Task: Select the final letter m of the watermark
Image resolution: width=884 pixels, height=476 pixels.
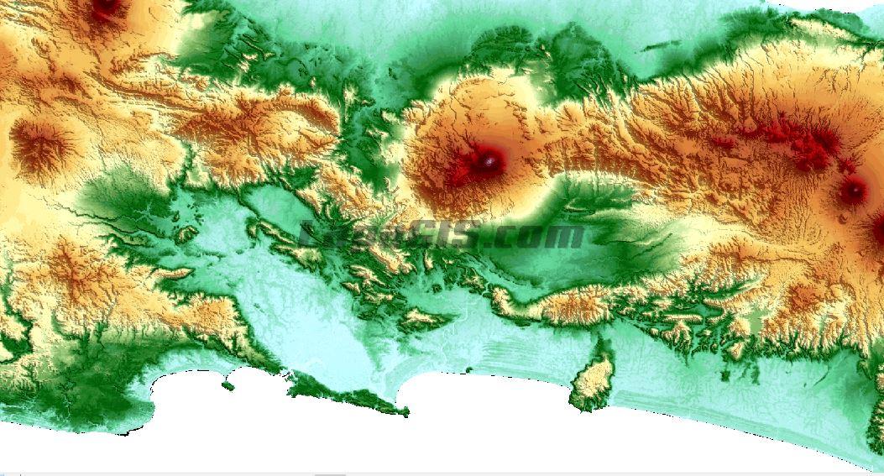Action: (x=568, y=237)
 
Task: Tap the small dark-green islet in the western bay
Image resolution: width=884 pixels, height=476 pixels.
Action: (x=228, y=385)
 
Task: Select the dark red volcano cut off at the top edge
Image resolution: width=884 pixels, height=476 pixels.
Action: (x=106, y=8)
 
